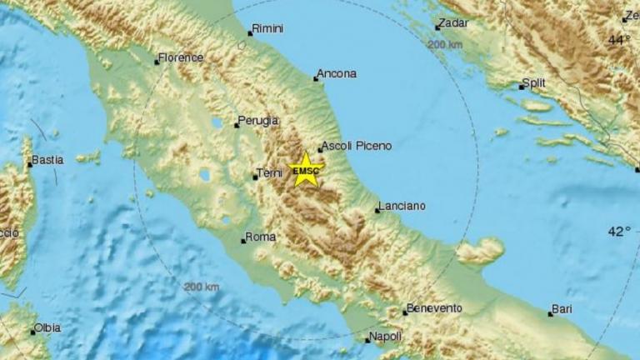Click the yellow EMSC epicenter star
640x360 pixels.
tap(306, 170)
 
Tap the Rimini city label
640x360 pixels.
tap(268, 28)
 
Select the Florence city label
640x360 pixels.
tap(182, 57)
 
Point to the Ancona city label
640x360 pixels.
tap(338, 73)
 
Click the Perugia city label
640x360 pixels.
tap(258, 121)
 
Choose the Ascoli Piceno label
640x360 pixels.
tap(356, 146)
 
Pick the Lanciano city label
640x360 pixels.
tap(402, 205)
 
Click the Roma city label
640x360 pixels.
tap(261, 237)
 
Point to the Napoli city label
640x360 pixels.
tap(387, 336)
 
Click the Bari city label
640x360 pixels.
tap(563, 309)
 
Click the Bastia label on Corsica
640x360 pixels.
tap(47, 160)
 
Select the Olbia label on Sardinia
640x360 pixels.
tap(47, 328)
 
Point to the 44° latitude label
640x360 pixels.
tap(618, 39)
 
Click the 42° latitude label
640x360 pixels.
tap(618, 232)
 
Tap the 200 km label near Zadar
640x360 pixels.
tap(445, 43)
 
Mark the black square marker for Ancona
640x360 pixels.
tap(316, 79)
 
